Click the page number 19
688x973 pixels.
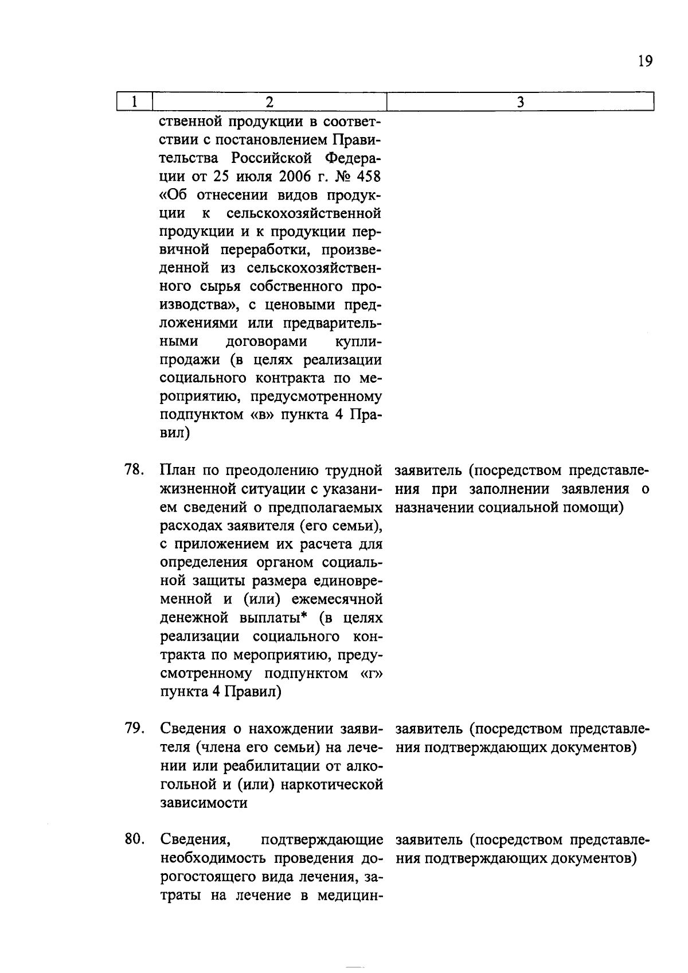645,61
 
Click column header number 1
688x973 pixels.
134,102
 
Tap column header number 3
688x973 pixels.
520,102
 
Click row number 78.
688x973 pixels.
134,470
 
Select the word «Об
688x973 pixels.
174,194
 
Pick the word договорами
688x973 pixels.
266,341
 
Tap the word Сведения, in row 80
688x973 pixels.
196,840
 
